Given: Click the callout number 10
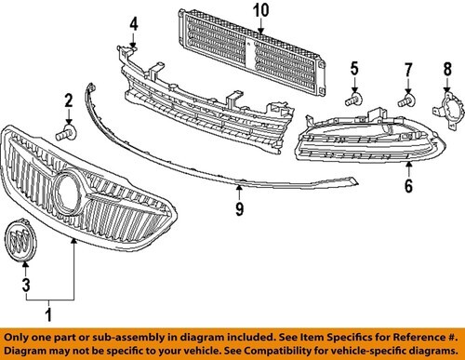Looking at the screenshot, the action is (x=261, y=10).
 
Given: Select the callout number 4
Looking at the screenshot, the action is (x=134, y=24).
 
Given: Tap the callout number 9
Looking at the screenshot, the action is (x=239, y=208).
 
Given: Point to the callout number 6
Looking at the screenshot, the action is (x=408, y=186).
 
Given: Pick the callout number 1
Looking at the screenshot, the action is (x=48, y=314).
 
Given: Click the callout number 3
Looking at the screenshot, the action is (x=26, y=285).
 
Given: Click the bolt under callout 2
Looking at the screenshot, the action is (x=66, y=133).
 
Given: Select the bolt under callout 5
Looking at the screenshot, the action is (x=354, y=99).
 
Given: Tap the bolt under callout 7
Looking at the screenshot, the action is (x=406, y=100).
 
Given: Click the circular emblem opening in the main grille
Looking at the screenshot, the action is (x=68, y=192).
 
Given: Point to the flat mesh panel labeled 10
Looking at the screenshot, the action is (x=251, y=52).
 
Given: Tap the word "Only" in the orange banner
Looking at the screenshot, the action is (x=16, y=337).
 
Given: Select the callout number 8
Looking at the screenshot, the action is (x=447, y=69).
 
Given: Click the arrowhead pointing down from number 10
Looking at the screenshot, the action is (x=261, y=31).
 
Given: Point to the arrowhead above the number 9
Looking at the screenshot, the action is (x=239, y=188).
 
